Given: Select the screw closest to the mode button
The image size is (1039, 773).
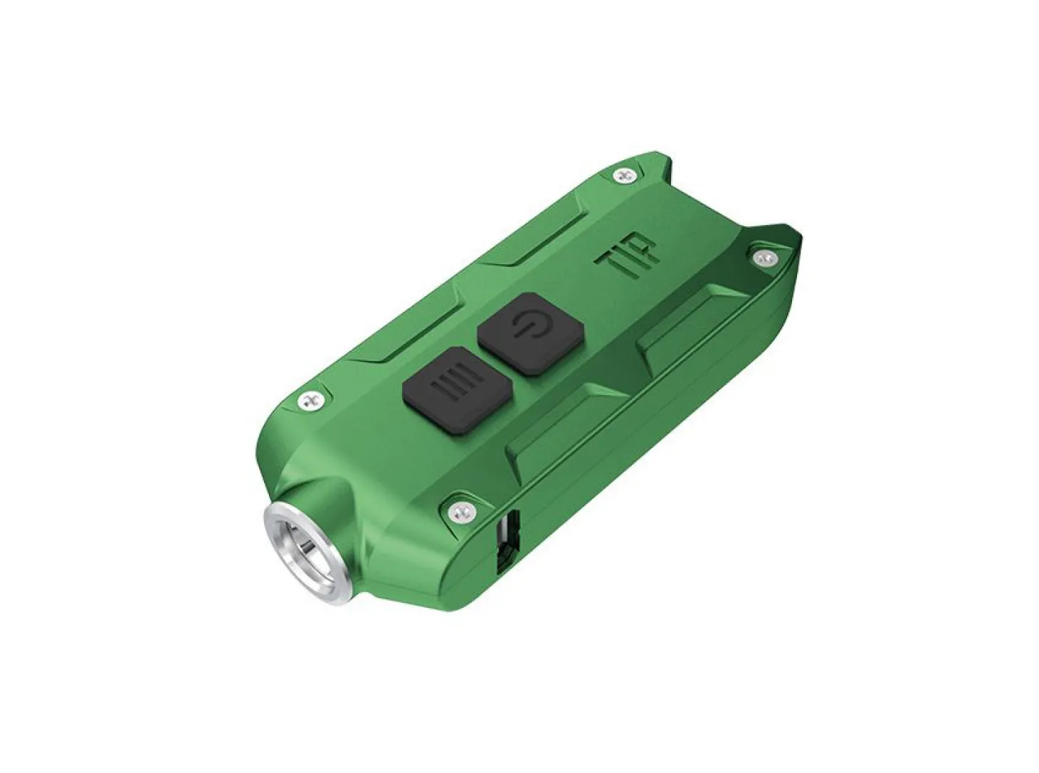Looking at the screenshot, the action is click(310, 399).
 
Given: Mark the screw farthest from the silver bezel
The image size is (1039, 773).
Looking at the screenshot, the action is click(626, 176).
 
